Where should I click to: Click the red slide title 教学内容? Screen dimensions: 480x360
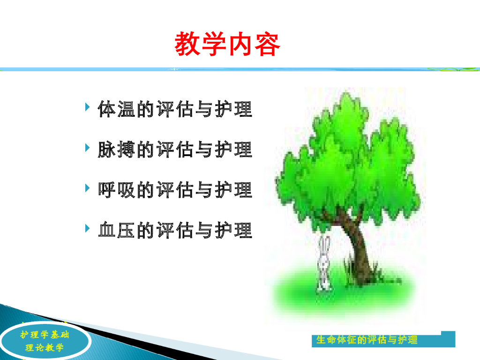pyautogui.click(x=227, y=44)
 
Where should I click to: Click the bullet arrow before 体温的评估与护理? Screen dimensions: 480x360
pyautogui.click(x=88, y=107)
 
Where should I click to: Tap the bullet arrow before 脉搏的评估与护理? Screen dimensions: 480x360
pyautogui.click(x=88, y=148)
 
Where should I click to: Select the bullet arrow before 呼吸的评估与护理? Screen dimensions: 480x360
pyautogui.click(x=88, y=188)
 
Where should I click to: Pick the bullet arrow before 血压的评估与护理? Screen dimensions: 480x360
pyautogui.click(x=88, y=228)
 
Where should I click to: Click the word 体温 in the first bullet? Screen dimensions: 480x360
pyautogui.click(x=117, y=109)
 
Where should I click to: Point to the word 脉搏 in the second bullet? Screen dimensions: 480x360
pyautogui.click(x=117, y=150)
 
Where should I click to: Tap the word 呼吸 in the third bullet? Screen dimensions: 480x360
pyautogui.click(x=117, y=190)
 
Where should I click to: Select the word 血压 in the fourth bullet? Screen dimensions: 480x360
pyautogui.click(x=117, y=230)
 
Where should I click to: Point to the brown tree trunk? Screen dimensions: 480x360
pyautogui.click(x=357, y=245)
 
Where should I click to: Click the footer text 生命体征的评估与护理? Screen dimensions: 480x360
pyautogui.click(x=367, y=340)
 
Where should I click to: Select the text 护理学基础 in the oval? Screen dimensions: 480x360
pyautogui.click(x=45, y=335)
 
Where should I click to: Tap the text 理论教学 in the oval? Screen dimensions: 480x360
pyautogui.click(x=45, y=347)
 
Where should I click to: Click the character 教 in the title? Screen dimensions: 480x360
pyautogui.click(x=187, y=44)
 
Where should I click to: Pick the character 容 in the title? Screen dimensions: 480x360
pyautogui.click(x=267, y=44)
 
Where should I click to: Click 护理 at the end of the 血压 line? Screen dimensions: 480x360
pyautogui.click(x=233, y=230)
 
